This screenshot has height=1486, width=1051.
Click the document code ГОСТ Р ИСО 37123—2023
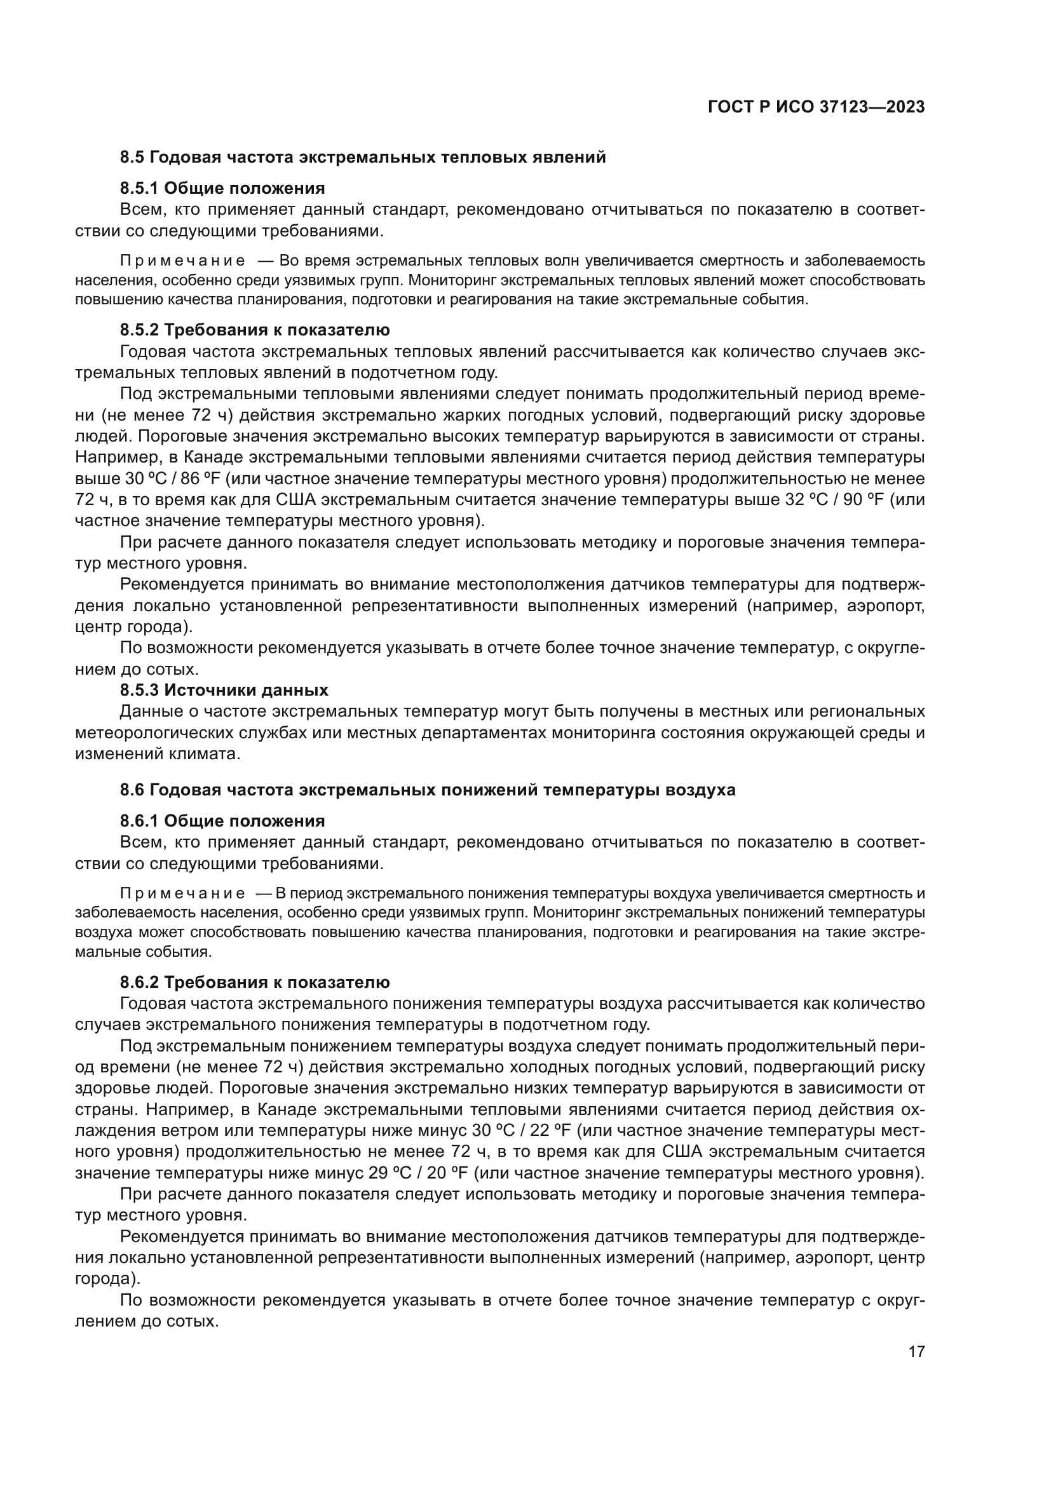tap(816, 107)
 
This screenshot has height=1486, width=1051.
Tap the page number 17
tap(916, 1351)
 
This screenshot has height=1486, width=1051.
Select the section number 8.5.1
tap(139, 188)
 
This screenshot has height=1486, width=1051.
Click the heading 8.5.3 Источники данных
tap(224, 690)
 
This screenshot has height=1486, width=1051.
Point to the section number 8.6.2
tap(139, 982)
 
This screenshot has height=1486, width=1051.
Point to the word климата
tap(205, 754)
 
